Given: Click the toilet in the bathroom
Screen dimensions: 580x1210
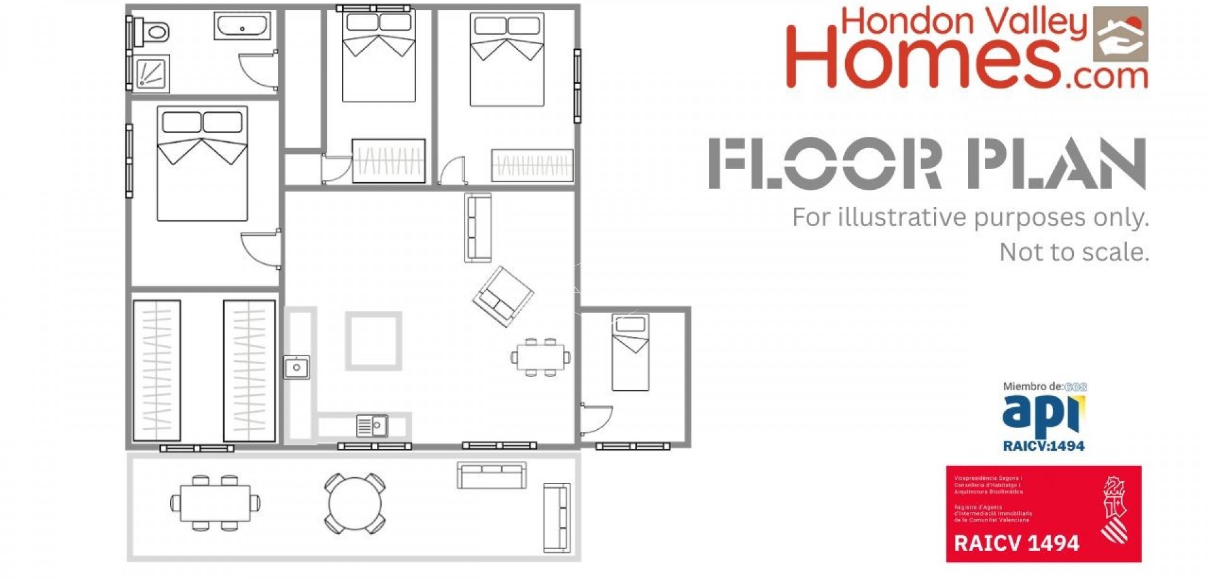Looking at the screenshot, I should [153, 31].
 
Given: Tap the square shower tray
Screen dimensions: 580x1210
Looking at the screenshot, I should [152, 72].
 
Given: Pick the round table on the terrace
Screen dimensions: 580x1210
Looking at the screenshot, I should [355, 504].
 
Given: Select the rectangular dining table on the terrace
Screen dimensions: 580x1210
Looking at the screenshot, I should [215, 503].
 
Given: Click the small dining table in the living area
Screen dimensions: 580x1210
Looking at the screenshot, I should [541, 357].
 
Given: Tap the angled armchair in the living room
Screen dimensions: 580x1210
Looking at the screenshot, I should [503, 296].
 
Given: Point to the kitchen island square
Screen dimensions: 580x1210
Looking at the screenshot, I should [373, 340].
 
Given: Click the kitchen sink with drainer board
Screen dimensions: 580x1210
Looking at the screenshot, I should [372, 426].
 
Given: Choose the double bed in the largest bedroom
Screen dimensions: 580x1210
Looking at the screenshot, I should [202, 164].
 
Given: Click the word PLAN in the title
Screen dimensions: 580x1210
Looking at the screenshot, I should [1056, 164].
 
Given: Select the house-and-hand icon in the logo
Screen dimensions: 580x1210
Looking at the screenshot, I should [1120, 34].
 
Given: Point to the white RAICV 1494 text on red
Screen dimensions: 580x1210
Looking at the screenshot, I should [1016, 543].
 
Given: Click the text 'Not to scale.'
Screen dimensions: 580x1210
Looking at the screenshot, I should [1074, 252].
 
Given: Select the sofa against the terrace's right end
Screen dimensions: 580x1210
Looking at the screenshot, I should [556, 518].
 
